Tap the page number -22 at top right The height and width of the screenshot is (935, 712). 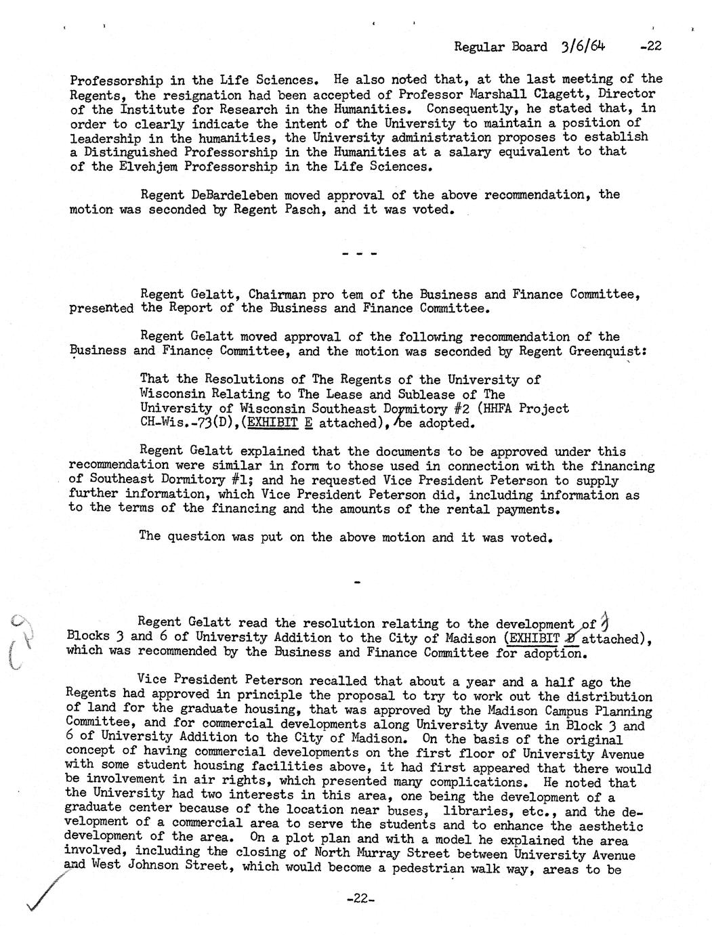pos(649,46)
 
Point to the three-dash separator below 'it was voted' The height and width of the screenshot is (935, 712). pos(359,255)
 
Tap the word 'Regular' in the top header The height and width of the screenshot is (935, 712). pos(480,47)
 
